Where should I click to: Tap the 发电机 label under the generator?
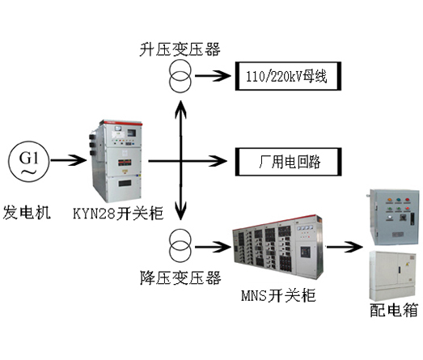click(x=27, y=212)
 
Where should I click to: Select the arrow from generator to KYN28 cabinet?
click(x=69, y=160)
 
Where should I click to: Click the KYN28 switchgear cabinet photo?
click(x=116, y=161)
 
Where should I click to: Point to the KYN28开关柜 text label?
click(x=118, y=214)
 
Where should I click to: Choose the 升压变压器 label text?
click(x=180, y=49)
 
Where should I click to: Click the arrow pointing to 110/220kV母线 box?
click(x=213, y=76)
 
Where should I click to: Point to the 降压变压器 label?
click(x=180, y=277)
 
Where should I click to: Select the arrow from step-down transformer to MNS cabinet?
click(x=214, y=247)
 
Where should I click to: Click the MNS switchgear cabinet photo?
click(x=278, y=248)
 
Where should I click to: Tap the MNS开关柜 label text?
click(x=278, y=295)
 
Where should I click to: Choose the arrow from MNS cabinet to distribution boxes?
click(x=345, y=247)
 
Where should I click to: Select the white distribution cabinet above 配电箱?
click(x=391, y=276)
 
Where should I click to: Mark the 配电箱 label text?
click(x=394, y=310)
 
